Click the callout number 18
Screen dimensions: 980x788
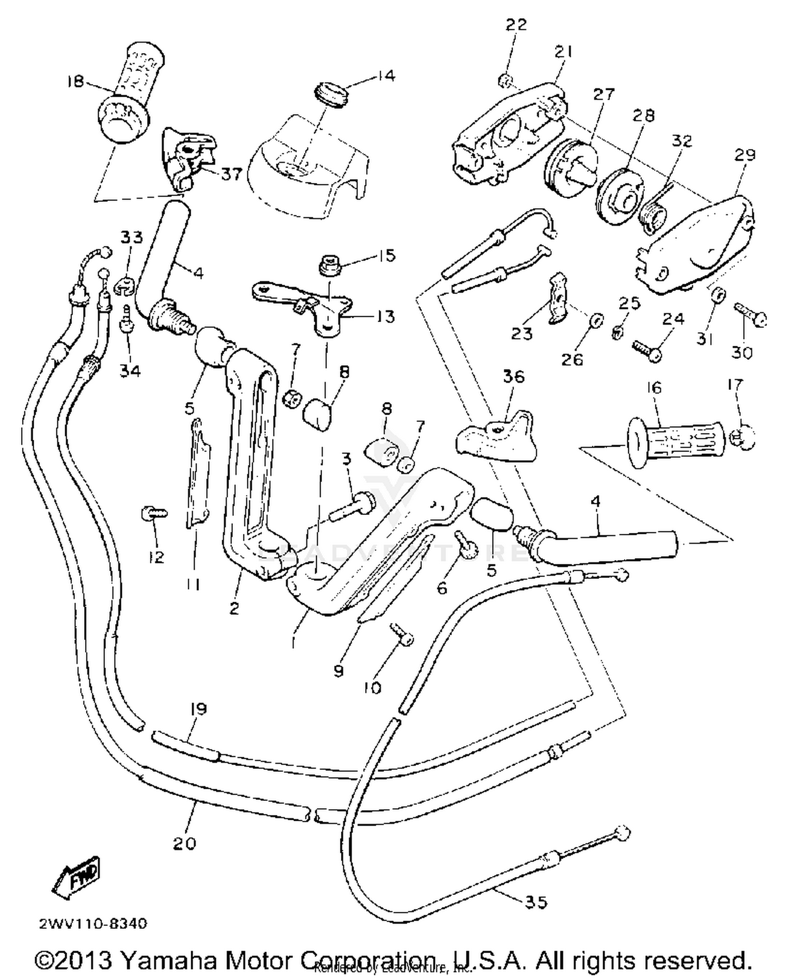(x=76, y=81)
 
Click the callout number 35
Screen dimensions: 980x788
(x=536, y=902)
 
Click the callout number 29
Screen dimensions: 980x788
(x=744, y=155)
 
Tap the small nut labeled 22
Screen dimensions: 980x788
(x=504, y=80)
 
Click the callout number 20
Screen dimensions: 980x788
(x=184, y=843)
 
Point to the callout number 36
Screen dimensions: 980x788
(x=513, y=376)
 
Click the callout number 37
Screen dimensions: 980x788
(x=230, y=173)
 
